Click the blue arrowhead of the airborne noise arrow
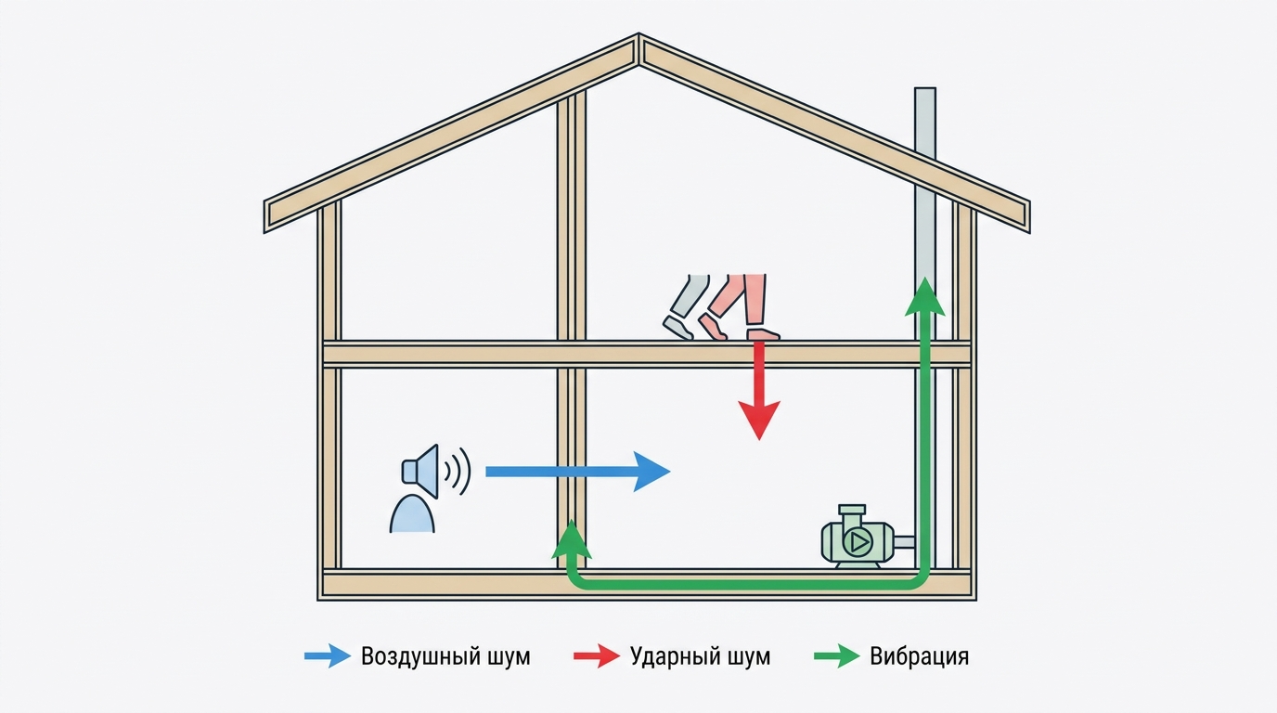[651, 472]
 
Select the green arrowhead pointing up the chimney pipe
[924, 296]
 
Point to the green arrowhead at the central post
[572, 539]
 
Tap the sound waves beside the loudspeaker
[458, 471]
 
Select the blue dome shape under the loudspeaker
[412, 514]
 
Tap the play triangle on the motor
[858, 542]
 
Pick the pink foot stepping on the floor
[763, 334]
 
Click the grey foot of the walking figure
[677, 328]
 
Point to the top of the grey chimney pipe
[925, 88]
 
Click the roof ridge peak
[638, 34]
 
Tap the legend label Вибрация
[919, 656]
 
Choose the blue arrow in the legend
[328, 656]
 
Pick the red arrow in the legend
[597, 656]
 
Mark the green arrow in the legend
[837, 656]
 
